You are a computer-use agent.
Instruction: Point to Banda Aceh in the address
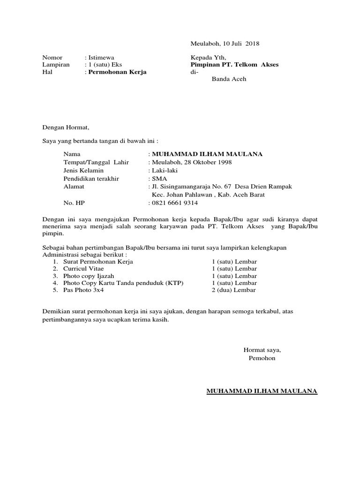[x=229, y=79]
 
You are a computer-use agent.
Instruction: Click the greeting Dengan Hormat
[x=65, y=127]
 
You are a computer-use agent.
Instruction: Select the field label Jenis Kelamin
[x=83, y=170]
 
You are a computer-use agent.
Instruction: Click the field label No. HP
[x=74, y=203]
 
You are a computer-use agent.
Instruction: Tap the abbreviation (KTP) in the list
[x=174, y=283]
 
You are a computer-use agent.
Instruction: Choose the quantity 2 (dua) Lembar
[x=234, y=290]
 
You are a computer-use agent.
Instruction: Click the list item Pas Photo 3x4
[x=83, y=290]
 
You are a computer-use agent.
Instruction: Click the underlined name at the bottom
[x=262, y=390]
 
